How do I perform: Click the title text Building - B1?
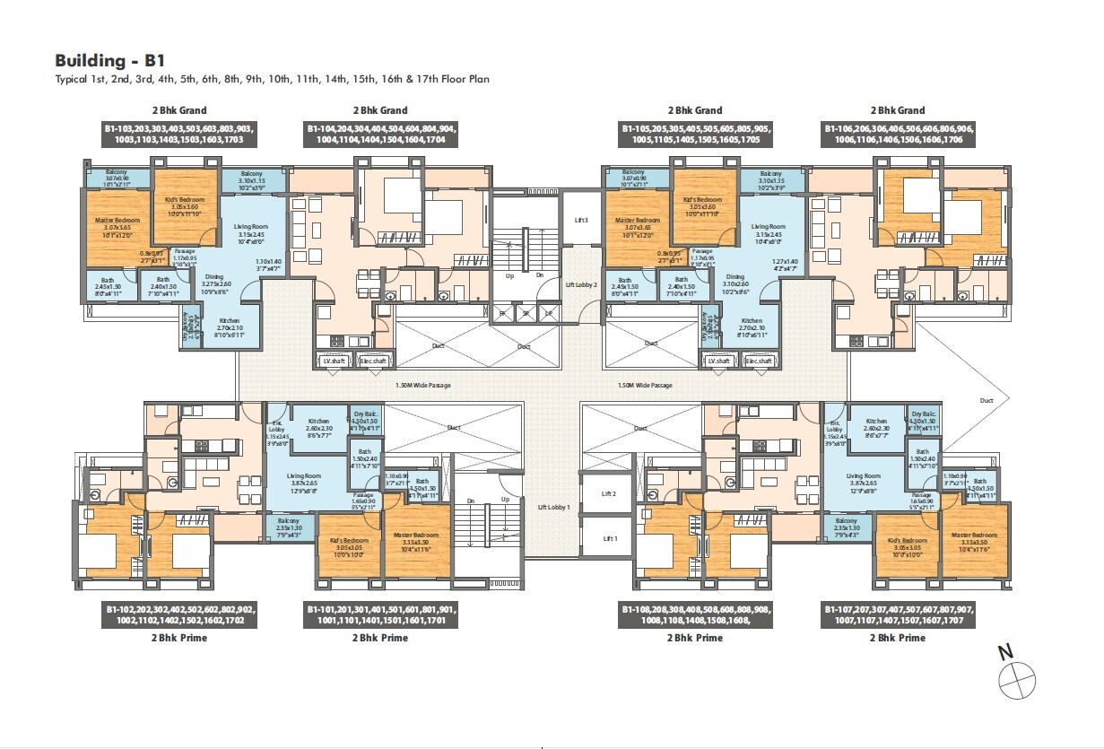tap(104, 61)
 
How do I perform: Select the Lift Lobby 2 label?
tap(580, 283)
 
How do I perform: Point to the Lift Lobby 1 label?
tap(553, 508)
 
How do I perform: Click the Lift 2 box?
tap(610, 494)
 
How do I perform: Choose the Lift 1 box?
tap(610, 538)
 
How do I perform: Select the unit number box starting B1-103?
tap(179, 135)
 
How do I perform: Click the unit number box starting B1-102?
tap(179, 614)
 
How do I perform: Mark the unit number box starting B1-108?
tap(696, 614)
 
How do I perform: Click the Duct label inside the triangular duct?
tap(987, 402)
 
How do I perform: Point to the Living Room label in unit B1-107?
tap(865, 476)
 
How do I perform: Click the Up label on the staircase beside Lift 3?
tap(509, 275)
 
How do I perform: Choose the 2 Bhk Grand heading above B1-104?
tap(380, 110)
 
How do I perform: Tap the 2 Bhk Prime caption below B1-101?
tap(380, 638)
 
